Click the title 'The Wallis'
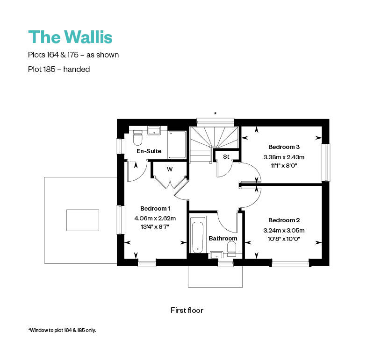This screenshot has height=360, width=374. pos(71,36)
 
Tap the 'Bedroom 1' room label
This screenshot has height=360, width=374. pos(155,208)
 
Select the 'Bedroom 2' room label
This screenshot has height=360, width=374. pos(284,220)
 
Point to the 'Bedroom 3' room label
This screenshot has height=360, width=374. pos(284,147)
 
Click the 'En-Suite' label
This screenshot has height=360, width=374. pos(149,151)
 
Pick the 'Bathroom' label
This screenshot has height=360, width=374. pos(223,238)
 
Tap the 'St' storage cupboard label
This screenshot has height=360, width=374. pos(226,157)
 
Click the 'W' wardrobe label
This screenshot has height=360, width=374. pos(170,169)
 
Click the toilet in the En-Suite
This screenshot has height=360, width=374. pos(137,139)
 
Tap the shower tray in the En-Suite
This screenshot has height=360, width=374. pos(177,144)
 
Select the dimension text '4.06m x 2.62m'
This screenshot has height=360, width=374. pos(155,218)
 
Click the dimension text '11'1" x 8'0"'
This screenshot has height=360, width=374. pos(284,165)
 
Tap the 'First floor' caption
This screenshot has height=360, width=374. pos(187,310)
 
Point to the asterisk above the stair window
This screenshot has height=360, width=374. pos(215,113)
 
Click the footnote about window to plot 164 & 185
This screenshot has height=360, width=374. pos(62,330)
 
